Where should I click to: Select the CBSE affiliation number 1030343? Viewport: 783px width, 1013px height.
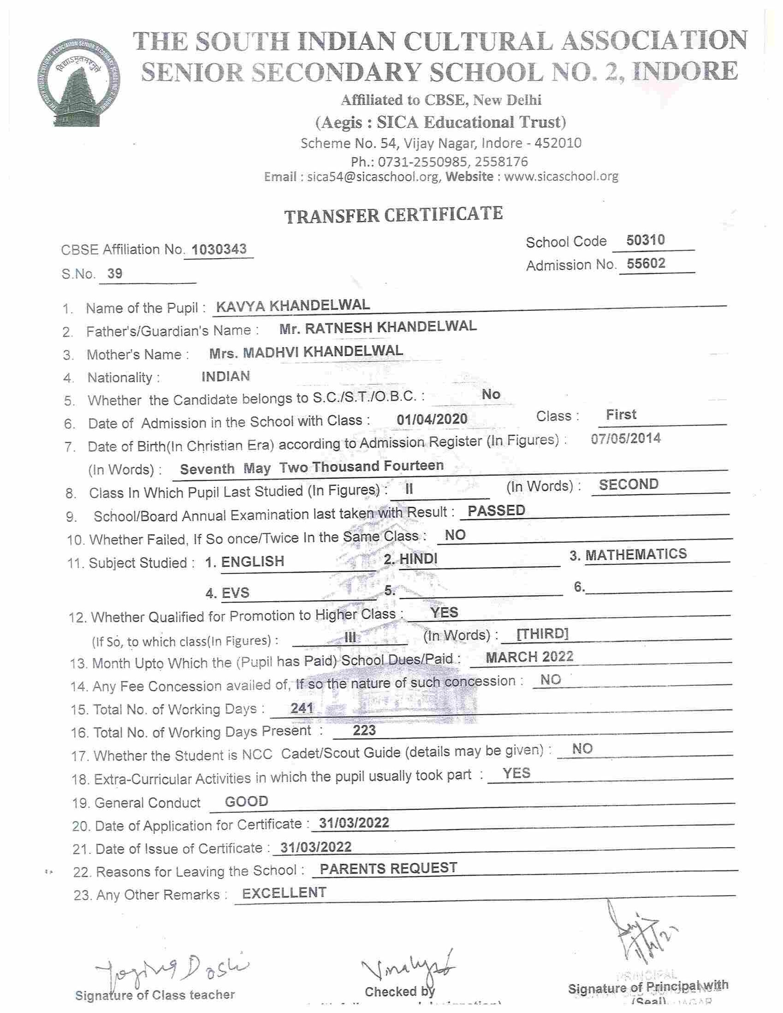pos(219,249)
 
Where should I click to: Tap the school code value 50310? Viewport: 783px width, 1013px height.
pos(645,240)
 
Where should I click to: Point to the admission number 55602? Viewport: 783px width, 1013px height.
pos(646,263)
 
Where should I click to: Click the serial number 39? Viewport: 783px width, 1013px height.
pos(115,273)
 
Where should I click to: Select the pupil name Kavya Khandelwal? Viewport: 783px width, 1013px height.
pos(293,305)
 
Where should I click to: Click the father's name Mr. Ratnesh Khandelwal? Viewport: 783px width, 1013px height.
pos(378,327)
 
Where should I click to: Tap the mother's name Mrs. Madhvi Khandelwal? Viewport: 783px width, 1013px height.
pos(306,352)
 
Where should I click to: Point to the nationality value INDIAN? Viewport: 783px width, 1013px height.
pos(225,376)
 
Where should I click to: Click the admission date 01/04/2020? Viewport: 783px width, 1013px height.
pos(432,419)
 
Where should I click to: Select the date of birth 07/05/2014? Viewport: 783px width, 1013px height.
pos(626,438)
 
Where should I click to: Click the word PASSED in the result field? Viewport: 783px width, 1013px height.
pos(496,510)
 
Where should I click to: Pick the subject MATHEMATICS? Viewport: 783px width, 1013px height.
pos(636,554)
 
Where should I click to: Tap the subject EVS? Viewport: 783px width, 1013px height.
pos(235,593)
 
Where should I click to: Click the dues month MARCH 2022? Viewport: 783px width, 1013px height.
pos(529,657)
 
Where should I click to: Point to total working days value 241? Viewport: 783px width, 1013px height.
pos(302,708)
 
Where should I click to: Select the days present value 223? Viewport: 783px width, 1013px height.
pos(364,730)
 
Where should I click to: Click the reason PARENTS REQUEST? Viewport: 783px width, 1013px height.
pos(388,868)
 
